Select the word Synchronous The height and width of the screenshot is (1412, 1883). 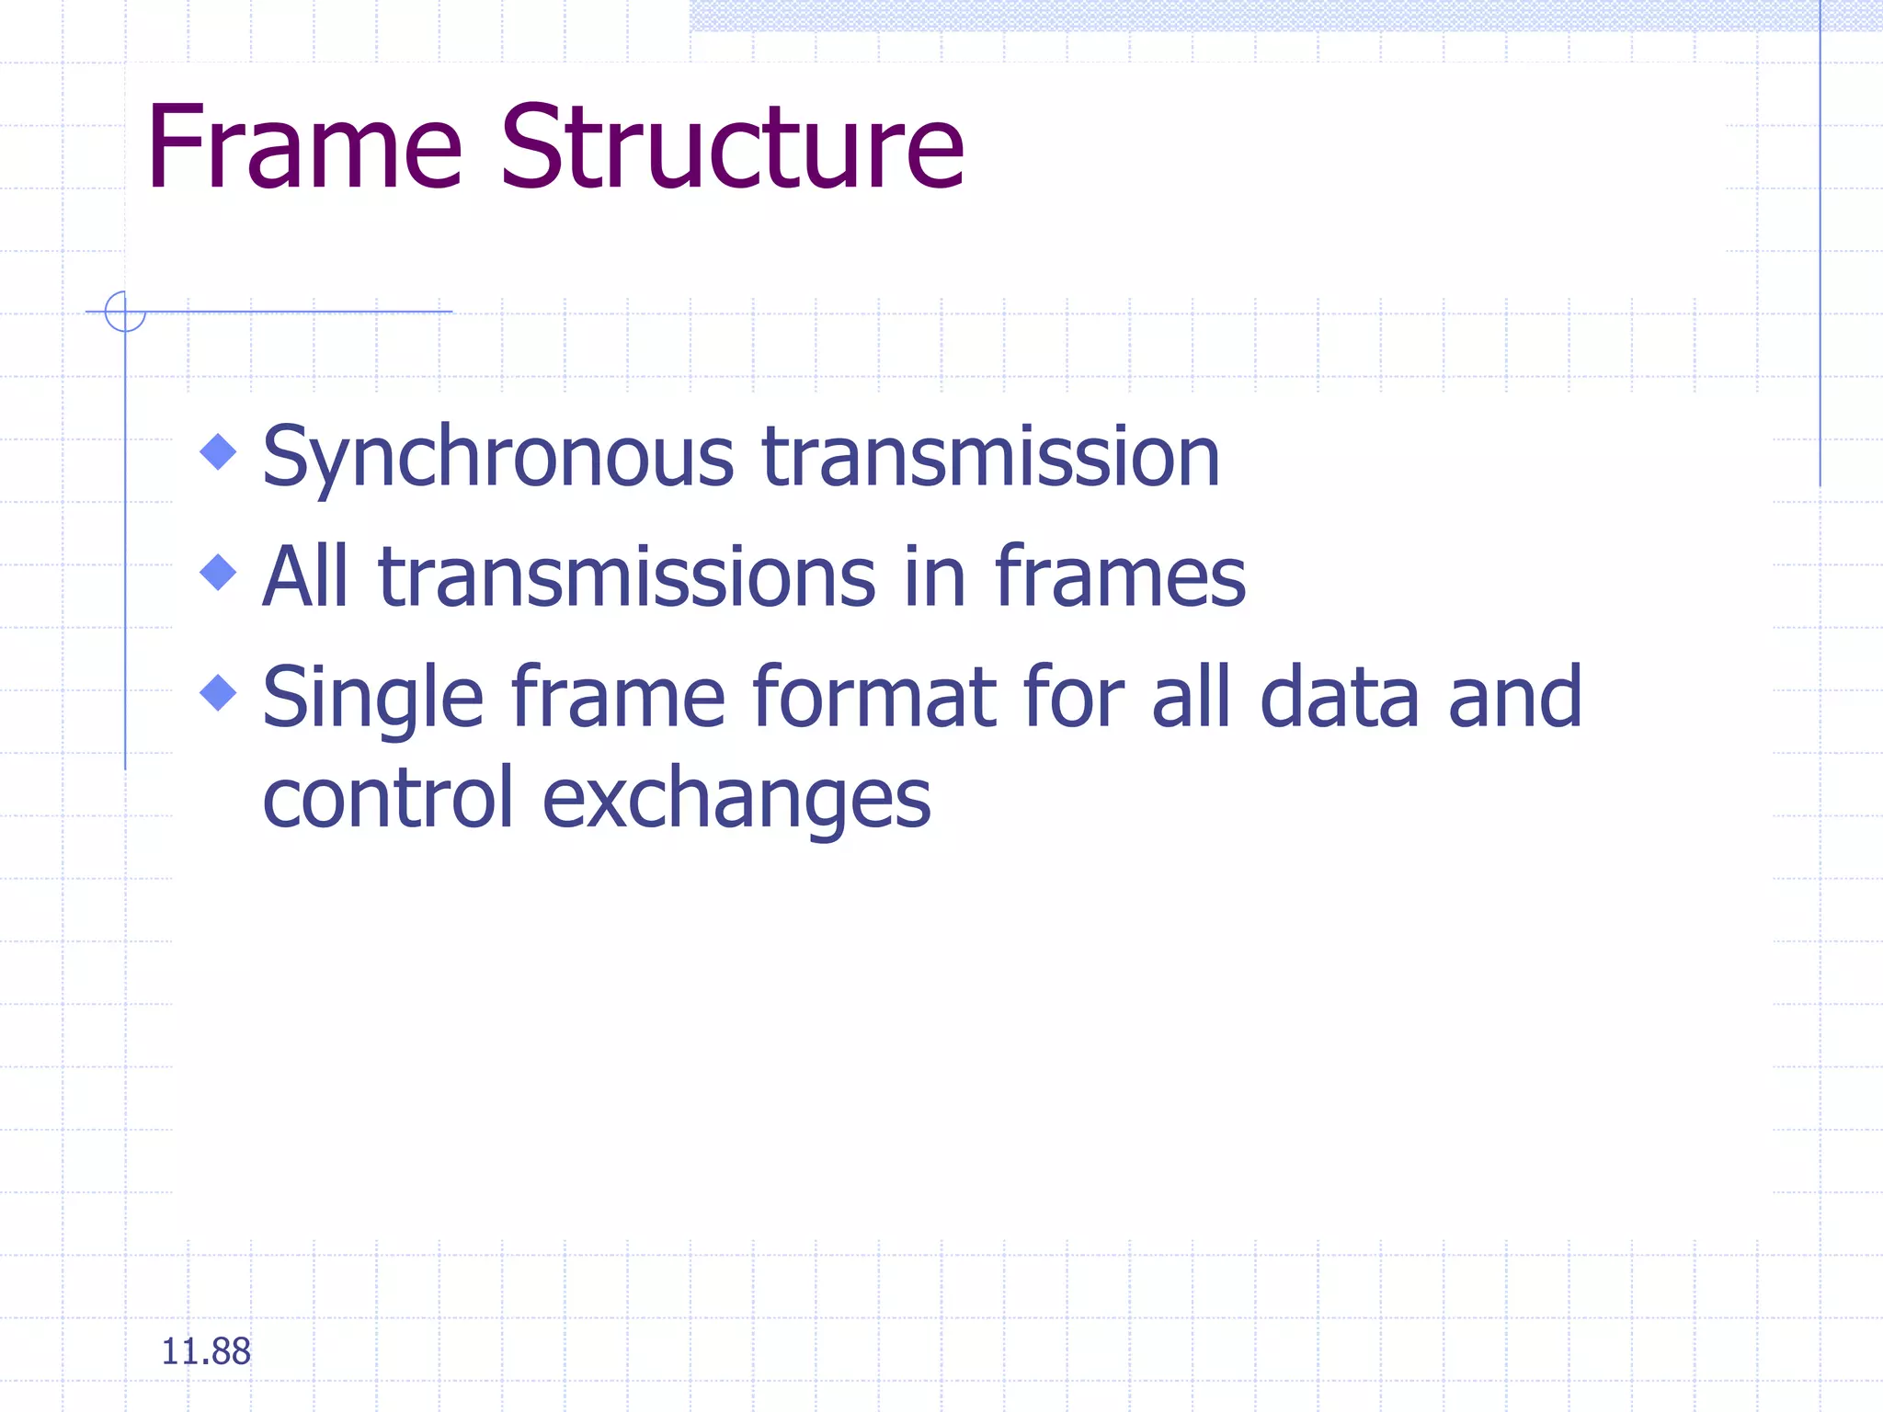tap(497, 458)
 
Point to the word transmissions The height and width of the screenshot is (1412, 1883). tap(626, 576)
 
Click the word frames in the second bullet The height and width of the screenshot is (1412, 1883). tap(1119, 576)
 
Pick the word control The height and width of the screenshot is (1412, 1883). tap(387, 797)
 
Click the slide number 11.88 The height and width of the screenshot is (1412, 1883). tap(205, 1351)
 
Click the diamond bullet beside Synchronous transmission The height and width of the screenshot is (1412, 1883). tap(218, 451)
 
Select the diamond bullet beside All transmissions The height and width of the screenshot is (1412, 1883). tap(218, 572)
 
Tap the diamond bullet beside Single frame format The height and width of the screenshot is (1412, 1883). tap(218, 692)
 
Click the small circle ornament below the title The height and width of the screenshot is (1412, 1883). tap(125, 311)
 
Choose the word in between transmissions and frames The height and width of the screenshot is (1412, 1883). tap(934, 576)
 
